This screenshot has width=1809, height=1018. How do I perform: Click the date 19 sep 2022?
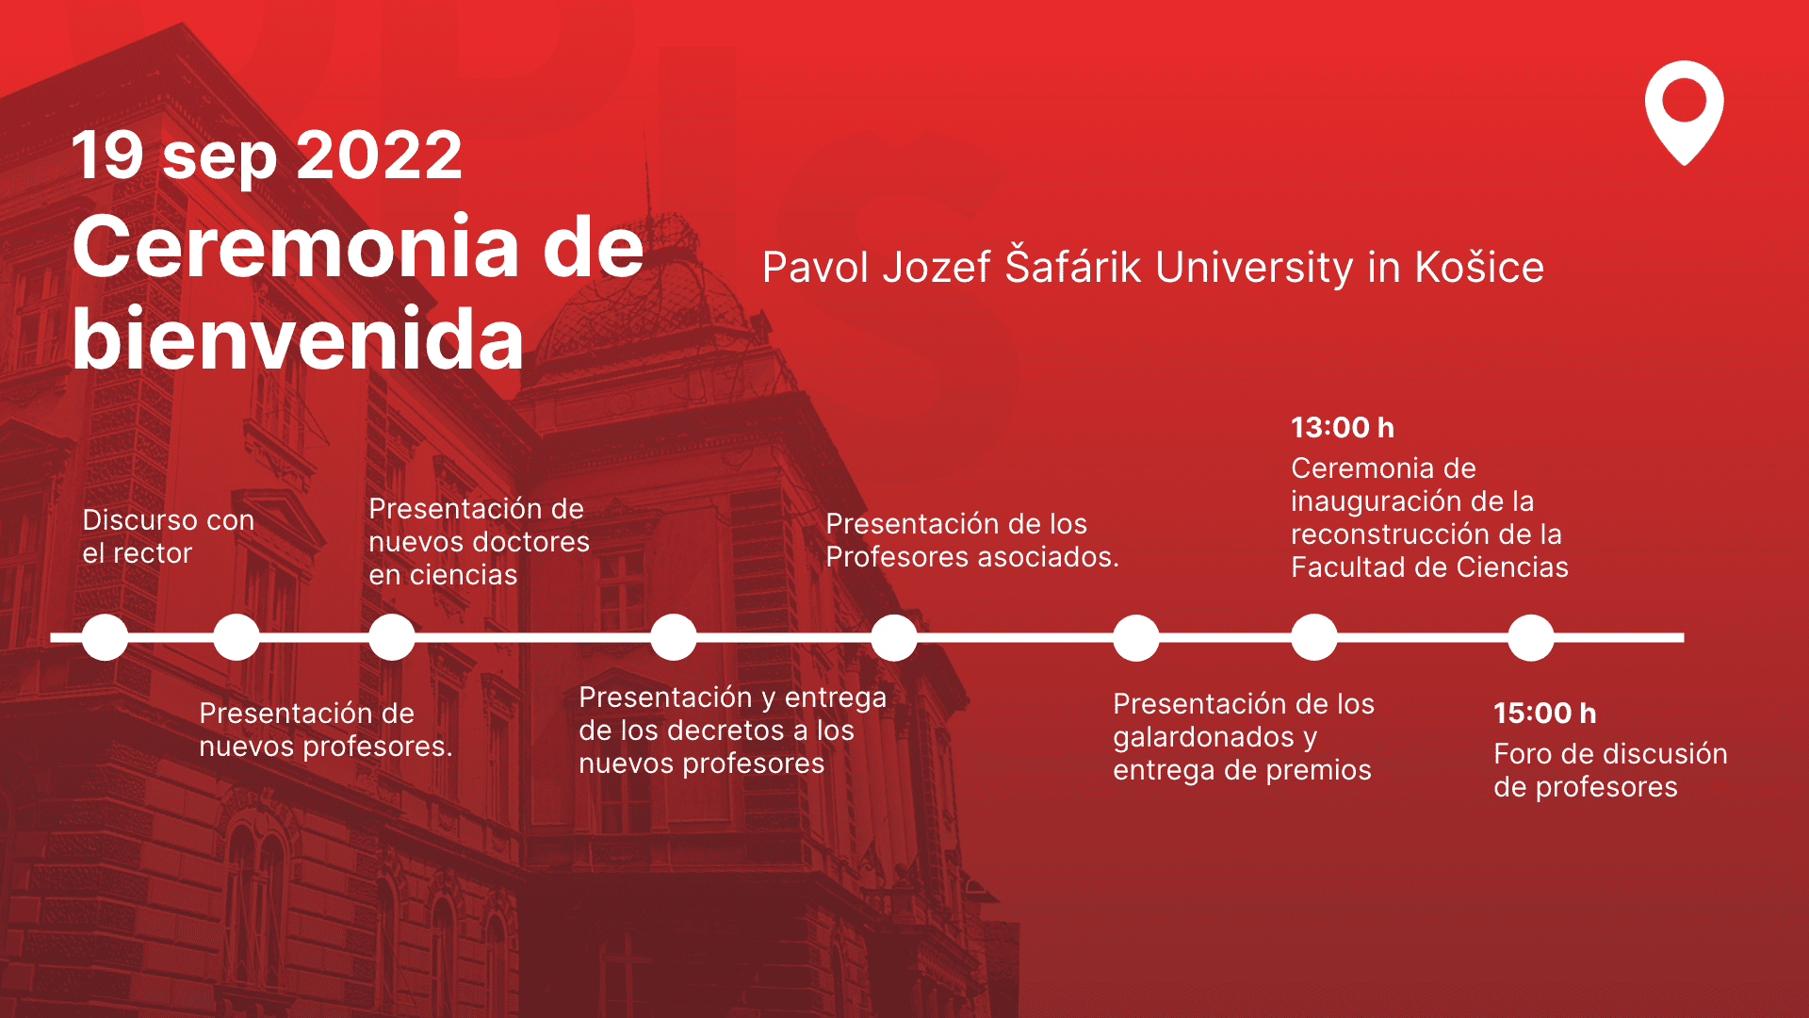267,156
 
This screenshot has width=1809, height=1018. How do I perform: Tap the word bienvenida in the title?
298,338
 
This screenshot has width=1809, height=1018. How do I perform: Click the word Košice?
1479,267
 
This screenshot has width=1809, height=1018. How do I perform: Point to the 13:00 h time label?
1343,427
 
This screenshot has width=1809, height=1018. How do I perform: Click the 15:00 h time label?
1545,713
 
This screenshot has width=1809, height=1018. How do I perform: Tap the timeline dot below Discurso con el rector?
105,637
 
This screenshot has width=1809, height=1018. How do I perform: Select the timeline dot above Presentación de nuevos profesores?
236,637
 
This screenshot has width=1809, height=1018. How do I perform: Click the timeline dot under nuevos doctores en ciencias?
392,637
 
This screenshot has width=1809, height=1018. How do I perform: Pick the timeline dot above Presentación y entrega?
674,637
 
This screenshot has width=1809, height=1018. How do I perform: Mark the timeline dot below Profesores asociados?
894,637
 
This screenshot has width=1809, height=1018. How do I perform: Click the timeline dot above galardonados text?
1136,637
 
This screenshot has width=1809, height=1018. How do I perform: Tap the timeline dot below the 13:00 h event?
1314,637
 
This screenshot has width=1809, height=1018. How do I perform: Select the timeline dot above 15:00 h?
1531,637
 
